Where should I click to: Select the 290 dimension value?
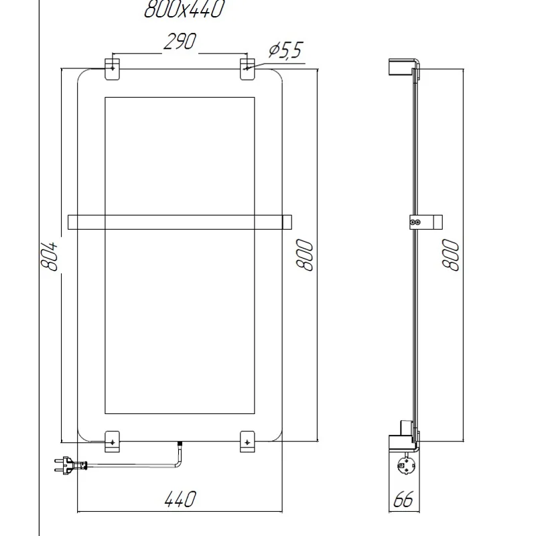180,42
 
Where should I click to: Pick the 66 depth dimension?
403,499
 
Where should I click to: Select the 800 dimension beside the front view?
305,255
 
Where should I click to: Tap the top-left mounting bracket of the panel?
113,69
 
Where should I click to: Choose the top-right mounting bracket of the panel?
247,69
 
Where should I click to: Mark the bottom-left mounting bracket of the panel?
113,441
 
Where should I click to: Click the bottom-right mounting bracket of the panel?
247,441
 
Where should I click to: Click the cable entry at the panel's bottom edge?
179,444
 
